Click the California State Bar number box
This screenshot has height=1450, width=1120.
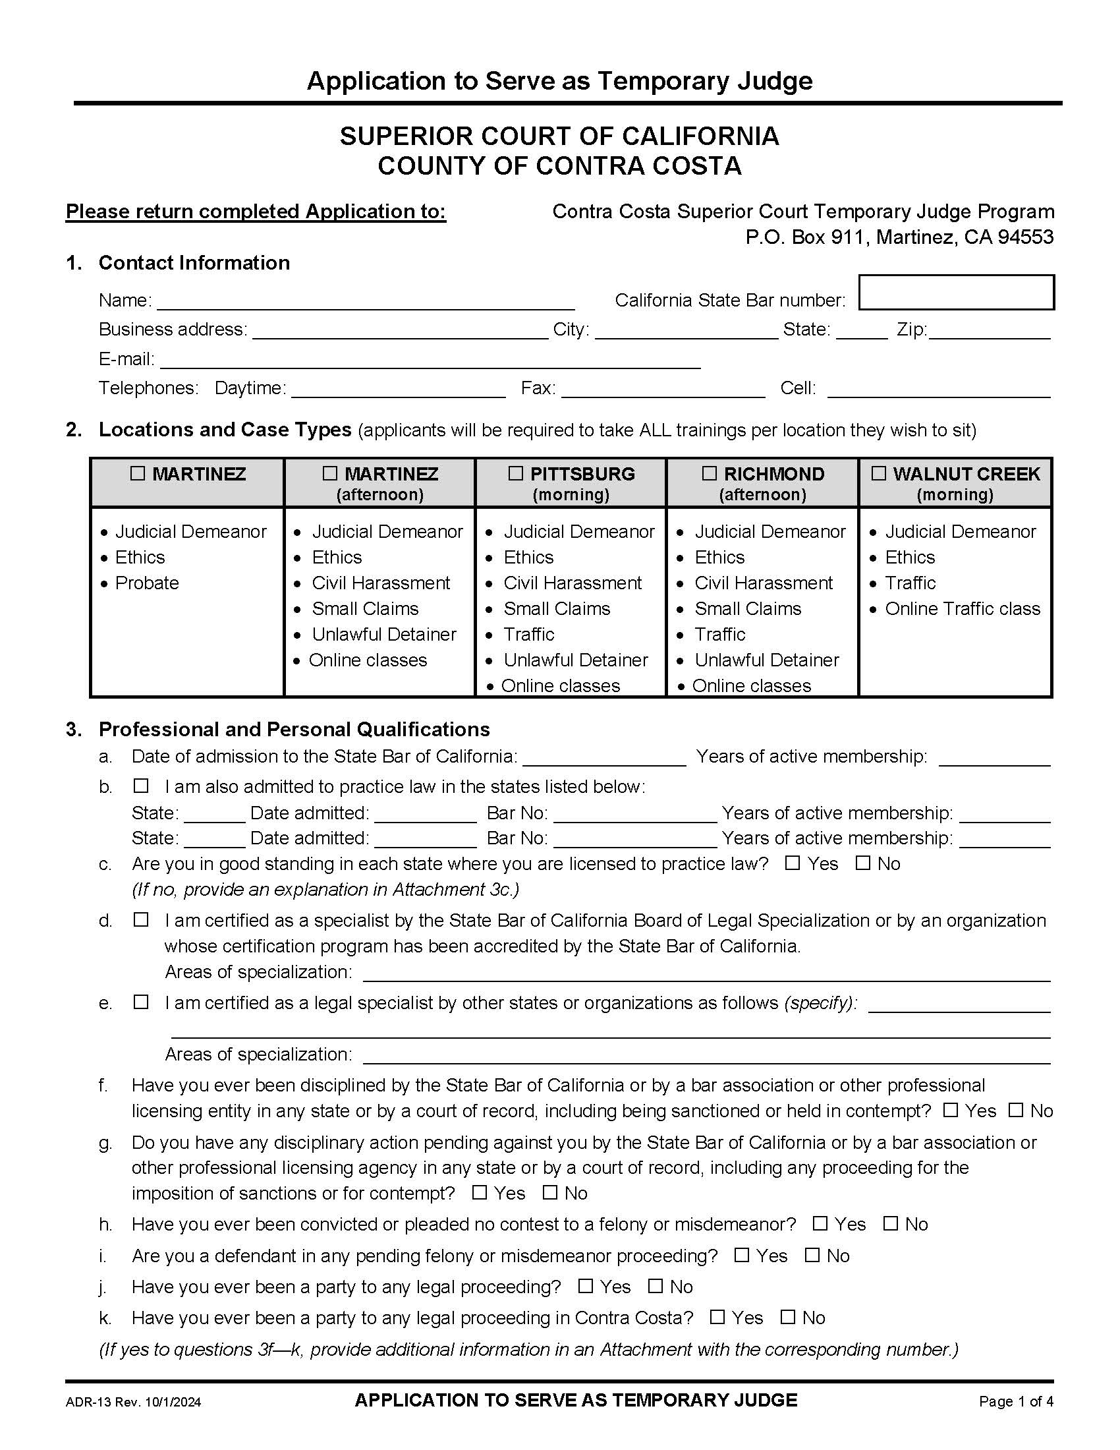point(956,292)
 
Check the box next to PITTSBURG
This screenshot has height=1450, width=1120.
point(516,473)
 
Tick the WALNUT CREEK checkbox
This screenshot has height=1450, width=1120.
point(878,473)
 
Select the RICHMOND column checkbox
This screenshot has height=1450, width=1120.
point(710,473)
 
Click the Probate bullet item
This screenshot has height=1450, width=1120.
point(147,583)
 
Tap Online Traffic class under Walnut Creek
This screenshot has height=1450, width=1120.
point(962,609)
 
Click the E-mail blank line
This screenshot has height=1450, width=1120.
point(430,361)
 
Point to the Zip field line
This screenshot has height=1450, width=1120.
point(990,332)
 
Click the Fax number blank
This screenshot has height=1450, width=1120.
point(663,390)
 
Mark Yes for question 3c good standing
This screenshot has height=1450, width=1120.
point(792,863)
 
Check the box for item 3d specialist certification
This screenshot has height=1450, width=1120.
point(141,919)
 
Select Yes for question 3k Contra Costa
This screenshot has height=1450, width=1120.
point(717,1317)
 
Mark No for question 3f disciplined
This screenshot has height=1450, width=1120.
point(1016,1109)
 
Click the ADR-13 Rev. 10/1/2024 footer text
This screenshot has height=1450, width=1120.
point(133,1402)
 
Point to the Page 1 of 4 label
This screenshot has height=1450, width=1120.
point(1016,1401)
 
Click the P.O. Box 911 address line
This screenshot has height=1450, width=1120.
point(899,237)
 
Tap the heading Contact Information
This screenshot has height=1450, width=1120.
point(194,263)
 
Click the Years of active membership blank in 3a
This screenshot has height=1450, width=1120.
point(995,758)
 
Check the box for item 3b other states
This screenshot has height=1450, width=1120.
point(141,786)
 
